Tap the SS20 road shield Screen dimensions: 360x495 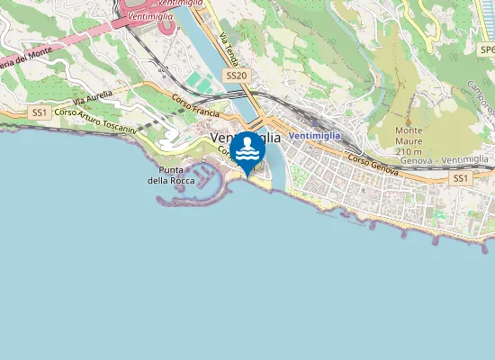(x=236, y=76)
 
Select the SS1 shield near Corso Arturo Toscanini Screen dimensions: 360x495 (x=38, y=112)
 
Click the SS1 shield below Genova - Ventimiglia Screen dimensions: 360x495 (x=461, y=179)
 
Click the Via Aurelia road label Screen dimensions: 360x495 (x=93, y=96)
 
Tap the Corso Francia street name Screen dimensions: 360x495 (x=195, y=111)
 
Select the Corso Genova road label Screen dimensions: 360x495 (x=373, y=163)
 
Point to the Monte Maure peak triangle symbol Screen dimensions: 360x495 (x=409, y=120)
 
